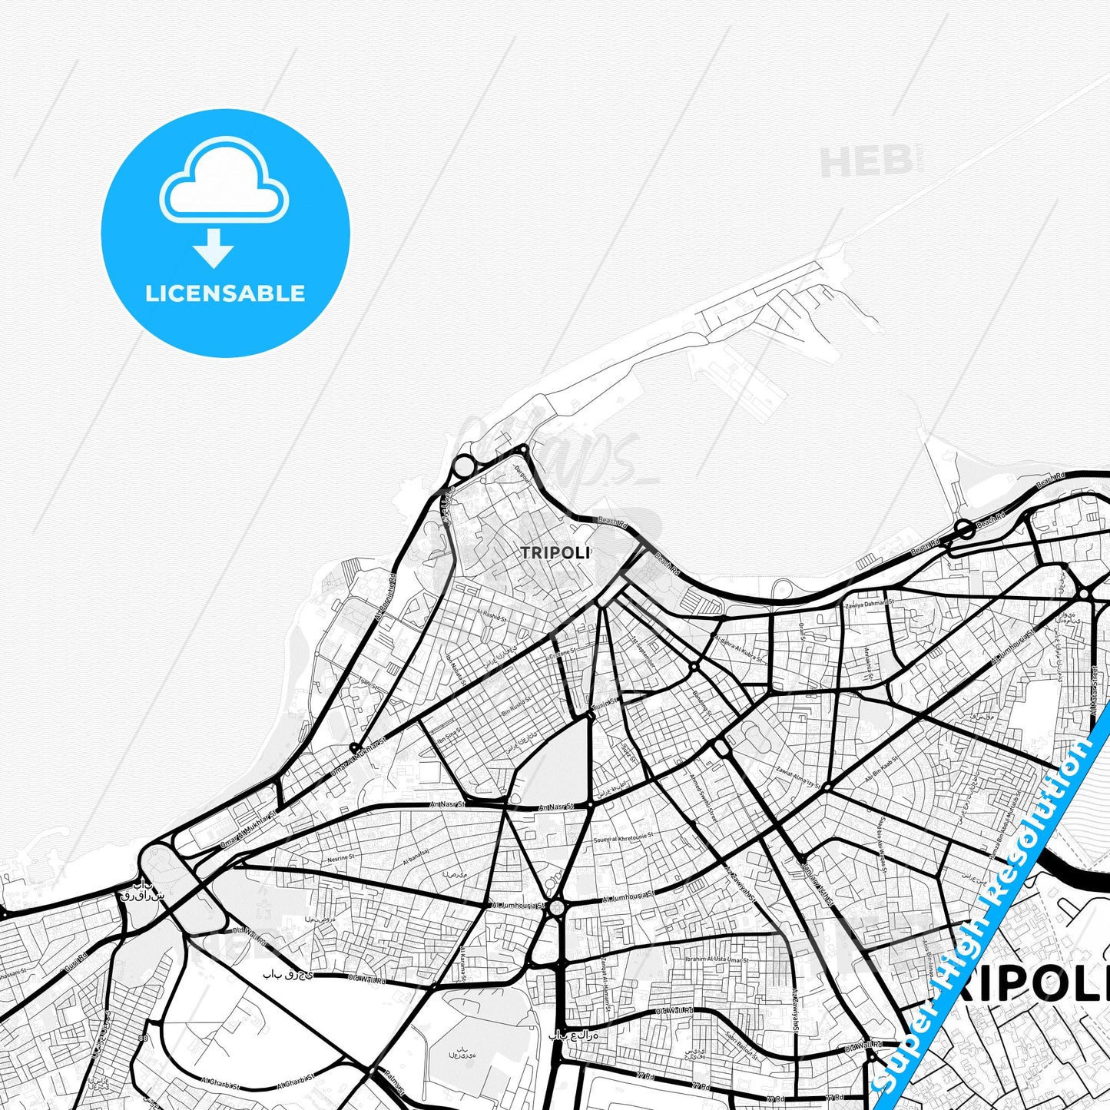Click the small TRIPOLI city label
[x=555, y=552]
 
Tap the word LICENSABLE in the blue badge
[x=225, y=293]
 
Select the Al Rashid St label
[x=490, y=615]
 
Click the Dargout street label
[x=523, y=470]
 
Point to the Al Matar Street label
[x=1093, y=689]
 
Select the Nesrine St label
[x=340, y=857]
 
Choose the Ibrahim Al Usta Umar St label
[x=717, y=959]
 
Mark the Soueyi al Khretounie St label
[x=623, y=837]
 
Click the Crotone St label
[x=562, y=654]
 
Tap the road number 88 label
[x=144, y=1039]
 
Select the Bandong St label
[x=702, y=703]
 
